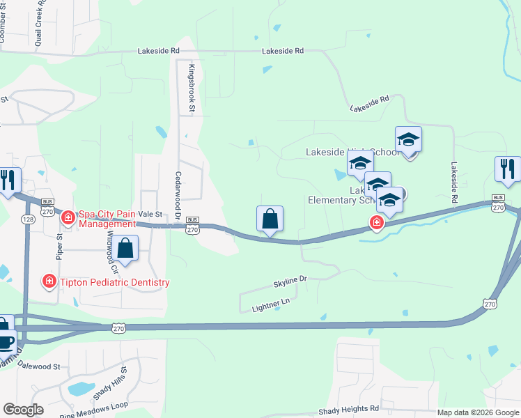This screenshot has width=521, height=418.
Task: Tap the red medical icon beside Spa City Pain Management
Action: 68,217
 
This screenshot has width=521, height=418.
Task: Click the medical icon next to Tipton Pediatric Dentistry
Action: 49,282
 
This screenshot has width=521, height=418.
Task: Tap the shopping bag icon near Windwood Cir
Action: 125,249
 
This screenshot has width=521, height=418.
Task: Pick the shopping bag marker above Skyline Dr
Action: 270,219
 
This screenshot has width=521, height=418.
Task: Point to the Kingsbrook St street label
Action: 191,87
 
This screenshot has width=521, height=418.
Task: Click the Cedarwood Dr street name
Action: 178,196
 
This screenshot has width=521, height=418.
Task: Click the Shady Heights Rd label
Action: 348,409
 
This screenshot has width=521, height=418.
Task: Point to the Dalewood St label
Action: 39,365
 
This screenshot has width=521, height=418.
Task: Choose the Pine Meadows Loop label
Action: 93,409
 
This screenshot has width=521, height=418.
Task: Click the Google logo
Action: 24,409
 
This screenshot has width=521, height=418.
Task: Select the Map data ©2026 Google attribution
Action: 478,412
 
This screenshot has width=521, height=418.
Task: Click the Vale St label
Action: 150,215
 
